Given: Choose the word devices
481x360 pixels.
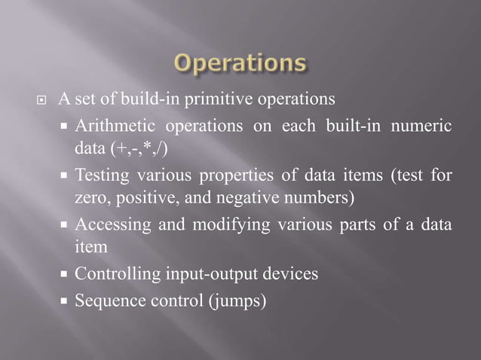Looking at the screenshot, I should click(293, 274).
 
